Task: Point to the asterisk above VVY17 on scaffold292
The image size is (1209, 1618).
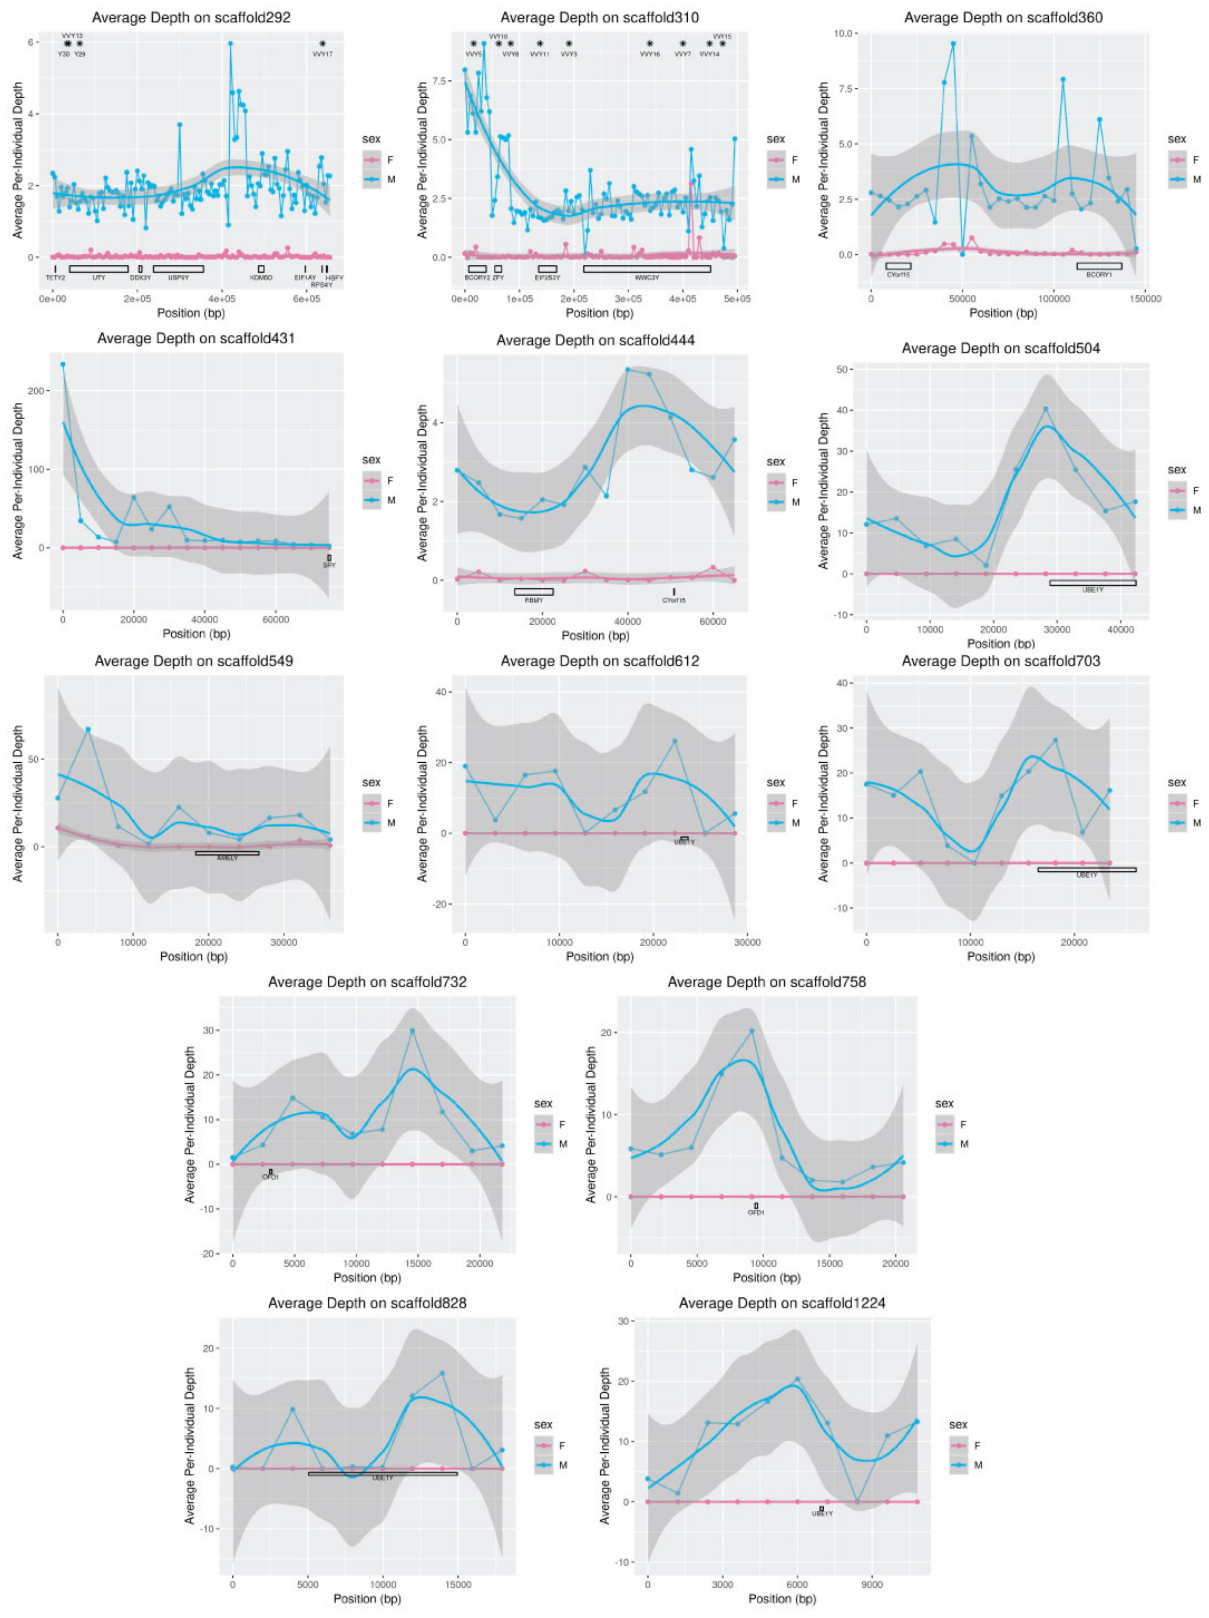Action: click(322, 44)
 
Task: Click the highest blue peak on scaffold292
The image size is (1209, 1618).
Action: click(230, 43)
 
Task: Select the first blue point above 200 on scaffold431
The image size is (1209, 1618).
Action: click(63, 364)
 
